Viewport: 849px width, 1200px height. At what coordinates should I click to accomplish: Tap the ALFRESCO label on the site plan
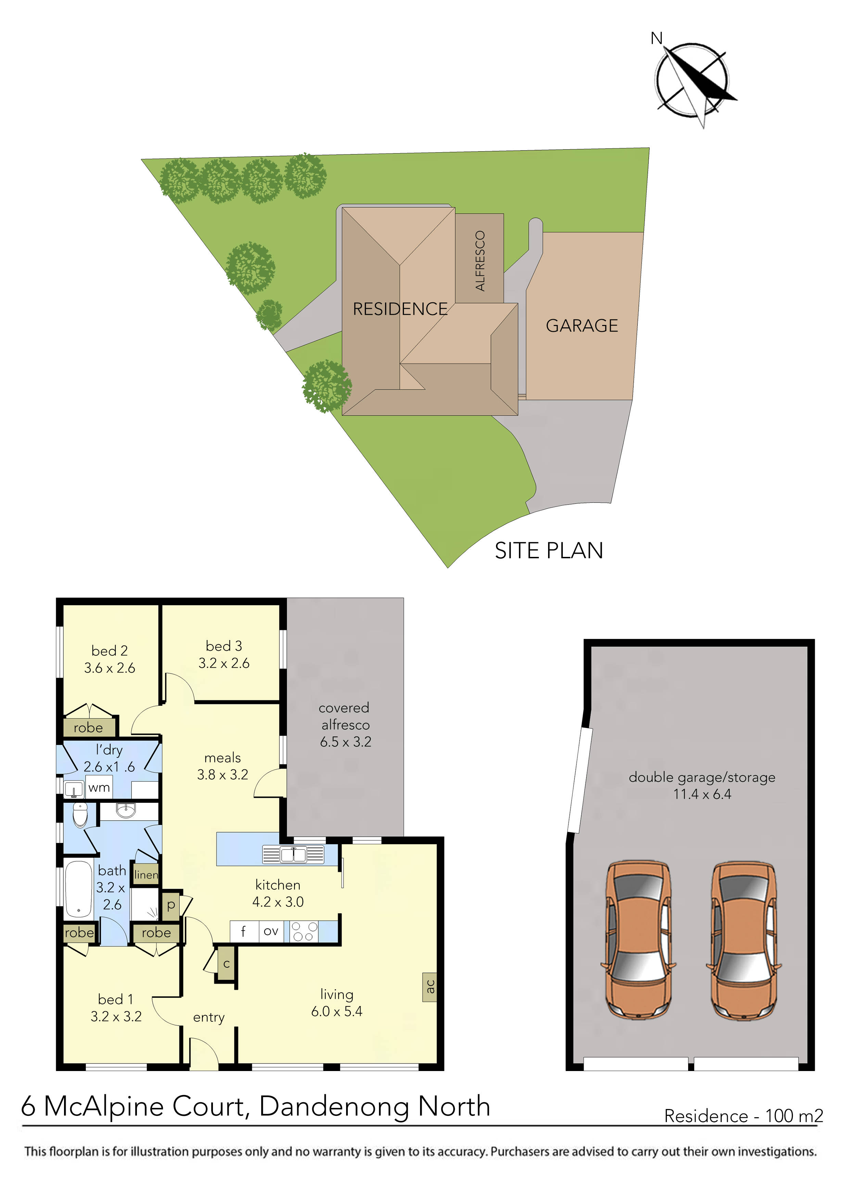click(480, 260)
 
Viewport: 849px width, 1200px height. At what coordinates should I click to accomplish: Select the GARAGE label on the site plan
click(582, 326)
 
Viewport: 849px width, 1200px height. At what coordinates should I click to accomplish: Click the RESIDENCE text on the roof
click(400, 309)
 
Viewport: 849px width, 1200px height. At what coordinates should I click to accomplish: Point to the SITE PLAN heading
click(549, 551)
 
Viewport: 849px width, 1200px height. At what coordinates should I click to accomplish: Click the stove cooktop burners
click(304, 931)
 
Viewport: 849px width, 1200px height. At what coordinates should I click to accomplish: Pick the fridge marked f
click(243, 931)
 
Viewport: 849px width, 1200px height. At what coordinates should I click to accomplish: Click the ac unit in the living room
click(430, 986)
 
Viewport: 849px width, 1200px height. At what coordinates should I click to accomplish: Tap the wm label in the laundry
click(99, 788)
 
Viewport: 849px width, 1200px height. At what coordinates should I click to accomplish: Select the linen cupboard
click(146, 874)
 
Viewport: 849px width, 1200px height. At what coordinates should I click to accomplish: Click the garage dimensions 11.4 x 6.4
click(702, 794)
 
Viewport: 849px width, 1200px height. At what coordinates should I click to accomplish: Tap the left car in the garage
click(638, 939)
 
